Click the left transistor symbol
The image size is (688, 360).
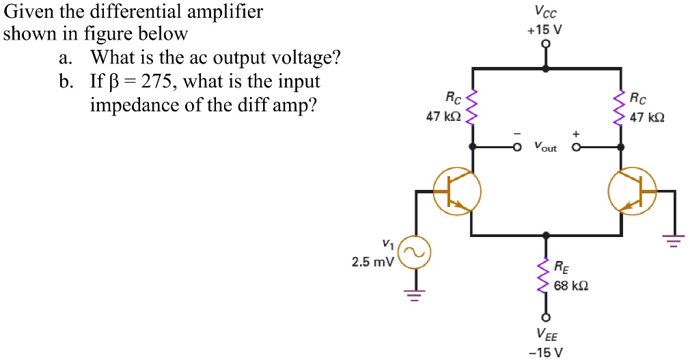(457, 189)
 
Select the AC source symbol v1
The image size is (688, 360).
(413, 253)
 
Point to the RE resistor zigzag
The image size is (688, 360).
(545, 276)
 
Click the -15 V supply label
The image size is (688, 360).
(545, 352)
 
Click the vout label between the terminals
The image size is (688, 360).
(545, 147)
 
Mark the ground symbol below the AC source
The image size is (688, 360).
(413, 295)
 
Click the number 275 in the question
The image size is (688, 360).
(158, 83)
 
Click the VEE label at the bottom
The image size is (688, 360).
(545, 335)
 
